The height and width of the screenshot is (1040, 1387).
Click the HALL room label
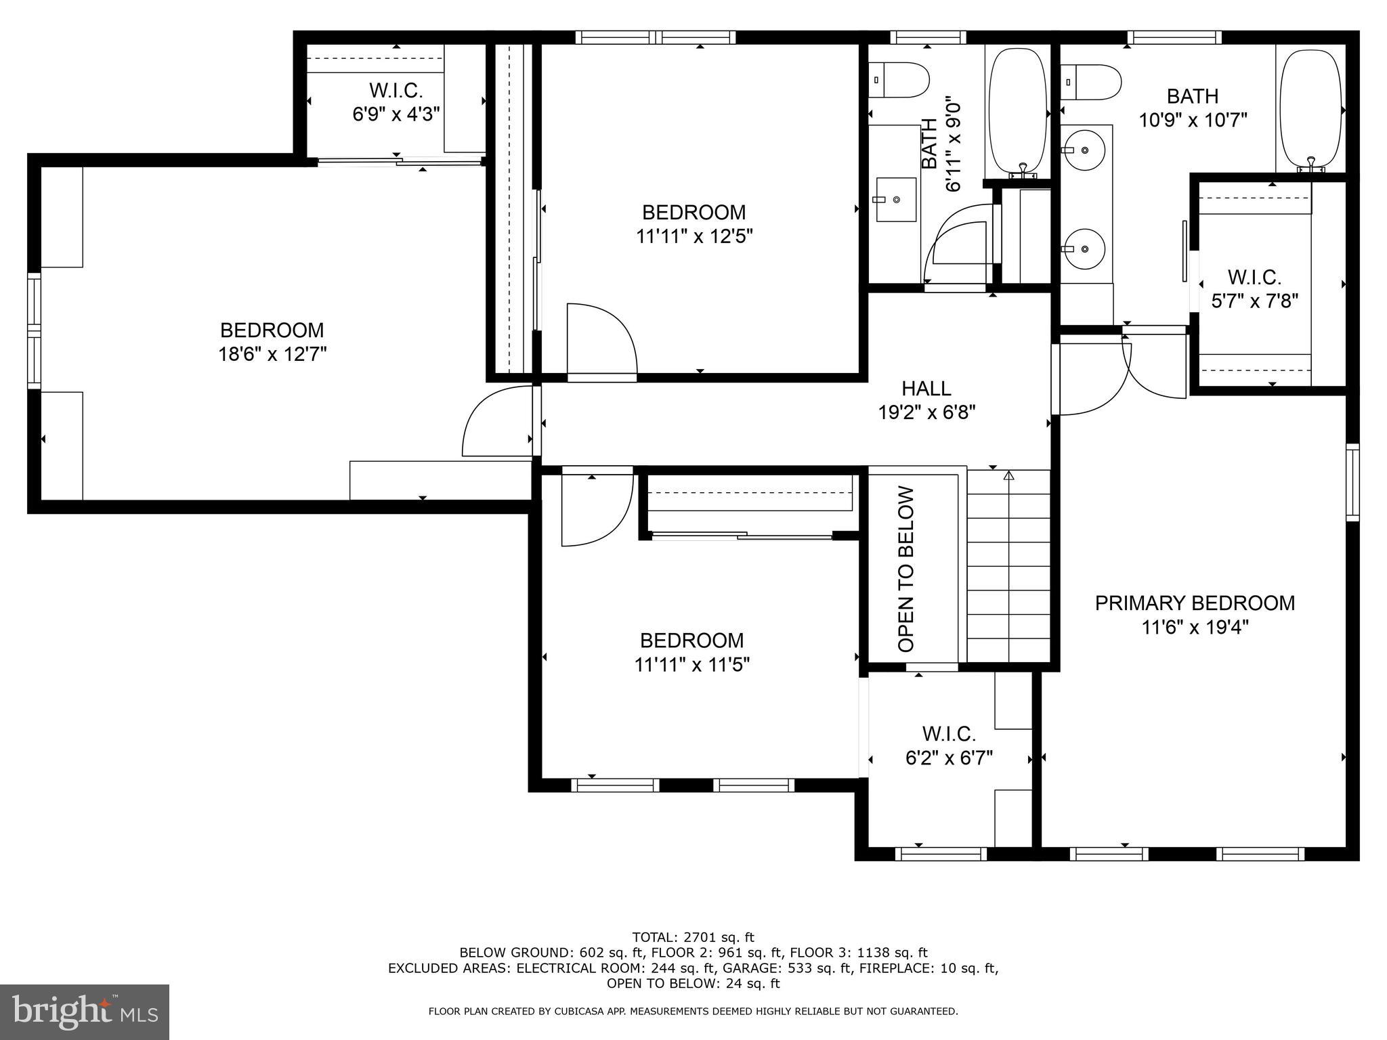pyautogui.click(x=926, y=388)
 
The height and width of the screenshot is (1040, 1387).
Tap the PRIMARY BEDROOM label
pyautogui.click(x=1195, y=603)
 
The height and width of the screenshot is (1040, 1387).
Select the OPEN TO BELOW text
pyautogui.click(x=906, y=569)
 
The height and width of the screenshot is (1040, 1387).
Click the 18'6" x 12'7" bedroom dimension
pyautogui.click(x=272, y=354)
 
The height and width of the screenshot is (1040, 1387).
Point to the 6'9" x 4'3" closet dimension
pyautogui.click(x=396, y=114)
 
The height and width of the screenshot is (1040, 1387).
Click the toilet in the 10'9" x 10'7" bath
pyautogui.click(x=1091, y=82)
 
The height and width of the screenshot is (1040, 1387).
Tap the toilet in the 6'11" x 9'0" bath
pyautogui.click(x=899, y=80)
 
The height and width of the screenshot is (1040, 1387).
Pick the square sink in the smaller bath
pyautogui.click(x=895, y=200)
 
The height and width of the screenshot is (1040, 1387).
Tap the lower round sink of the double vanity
pyautogui.click(x=1084, y=248)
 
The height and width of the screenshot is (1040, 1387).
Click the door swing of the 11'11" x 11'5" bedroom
pyautogui.click(x=596, y=508)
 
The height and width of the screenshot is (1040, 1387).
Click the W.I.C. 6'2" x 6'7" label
pyautogui.click(x=949, y=745)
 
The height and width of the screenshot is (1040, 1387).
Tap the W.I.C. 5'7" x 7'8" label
pyautogui.click(x=1254, y=288)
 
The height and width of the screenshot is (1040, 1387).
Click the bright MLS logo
pyautogui.click(x=85, y=1012)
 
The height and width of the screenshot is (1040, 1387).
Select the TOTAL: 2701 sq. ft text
pyautogui.click(x=693, y=937)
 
